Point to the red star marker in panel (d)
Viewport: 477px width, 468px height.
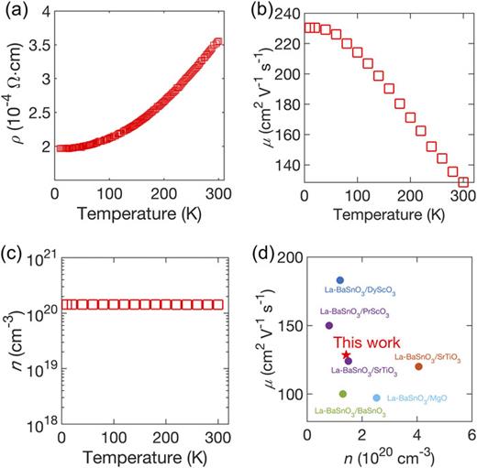coord(346,354)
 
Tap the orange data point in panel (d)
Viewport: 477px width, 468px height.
coord(418,366)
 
